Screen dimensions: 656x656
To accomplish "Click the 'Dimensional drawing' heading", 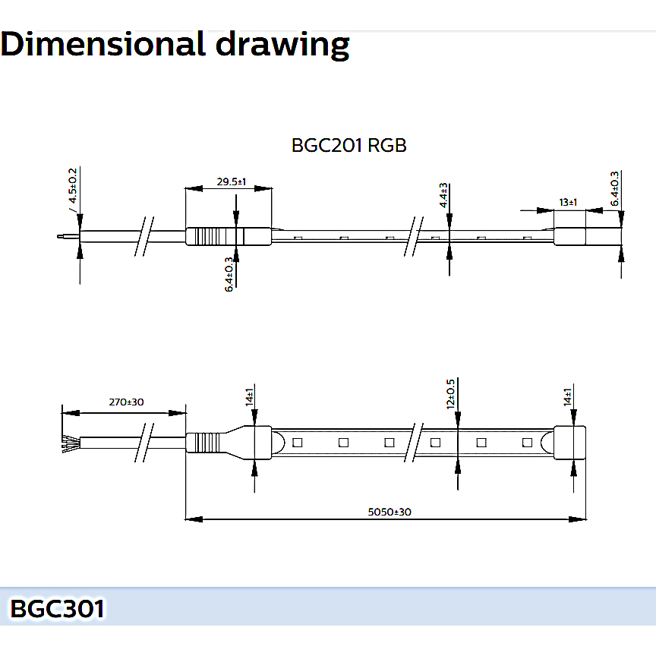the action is tap(175, 44).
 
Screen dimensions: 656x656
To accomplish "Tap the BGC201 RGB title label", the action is tap(348, 146).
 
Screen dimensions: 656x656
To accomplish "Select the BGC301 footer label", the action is tap(57, 608).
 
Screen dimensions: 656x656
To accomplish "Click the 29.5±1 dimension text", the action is tap(232, 181).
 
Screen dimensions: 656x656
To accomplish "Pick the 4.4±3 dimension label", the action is tap(443, 195).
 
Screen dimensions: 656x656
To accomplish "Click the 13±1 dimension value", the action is tap(568, 203).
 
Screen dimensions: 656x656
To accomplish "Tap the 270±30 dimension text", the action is tap(126, 402).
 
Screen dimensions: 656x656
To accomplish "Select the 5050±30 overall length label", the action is tap(389, 512).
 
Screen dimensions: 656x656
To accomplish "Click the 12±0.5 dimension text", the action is tap(450, 394).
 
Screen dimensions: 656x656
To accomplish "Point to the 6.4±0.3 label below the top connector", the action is tap(229, 274).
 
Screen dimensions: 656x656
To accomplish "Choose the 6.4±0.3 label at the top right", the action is tap(614, 189).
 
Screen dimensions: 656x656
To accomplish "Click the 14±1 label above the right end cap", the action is tap(567, 397).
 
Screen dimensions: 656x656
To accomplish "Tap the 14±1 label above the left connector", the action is tap(249, 397).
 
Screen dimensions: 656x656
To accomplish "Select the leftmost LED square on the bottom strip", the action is tap(298, 442).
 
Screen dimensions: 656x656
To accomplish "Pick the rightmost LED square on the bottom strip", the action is tap(528, 442).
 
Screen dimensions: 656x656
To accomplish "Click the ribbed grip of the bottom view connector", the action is tap(207, 443).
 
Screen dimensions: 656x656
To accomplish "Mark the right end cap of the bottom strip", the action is tap(569, 443).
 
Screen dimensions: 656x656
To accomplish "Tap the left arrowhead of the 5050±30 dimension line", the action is tap(194, 519).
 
